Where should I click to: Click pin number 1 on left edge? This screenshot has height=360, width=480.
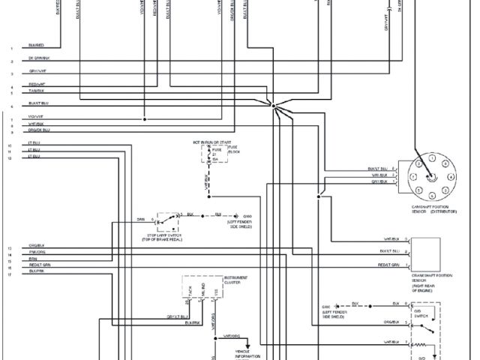pyautogui.click(x=12, y=48)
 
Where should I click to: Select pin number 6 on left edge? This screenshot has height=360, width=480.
pyautogui.click(x=12, y=106)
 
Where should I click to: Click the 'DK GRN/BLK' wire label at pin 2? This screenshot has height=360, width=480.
pyautogui.click(x=39, y=58)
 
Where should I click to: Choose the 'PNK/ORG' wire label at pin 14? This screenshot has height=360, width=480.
pyautogui.click(x=37, y=253)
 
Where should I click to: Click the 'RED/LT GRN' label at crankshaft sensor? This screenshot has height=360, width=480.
pyautogui.click(x=389, y=265)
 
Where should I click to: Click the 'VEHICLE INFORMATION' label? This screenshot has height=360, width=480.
pyautogui.click(x=247, y=354)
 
